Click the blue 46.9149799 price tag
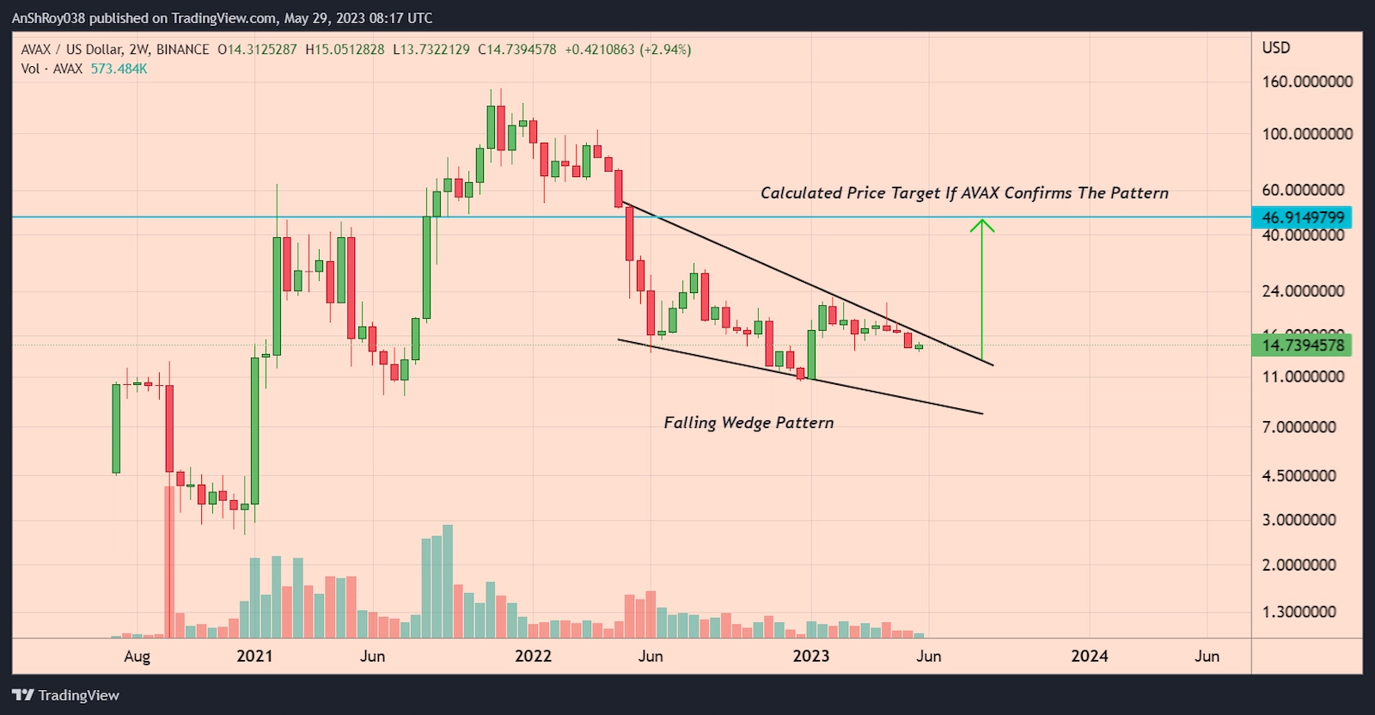click(1302, 217)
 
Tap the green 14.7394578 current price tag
click(1302, 345)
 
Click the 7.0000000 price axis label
click(1299, 427)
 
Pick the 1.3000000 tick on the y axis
click(1299, 612)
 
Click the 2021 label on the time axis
click(254, 656)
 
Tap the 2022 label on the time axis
click(533, 656)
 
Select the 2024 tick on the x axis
click(1089, 656)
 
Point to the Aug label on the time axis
click(137, 657)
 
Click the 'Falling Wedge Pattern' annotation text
click(749, 423)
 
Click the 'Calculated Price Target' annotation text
click(964, 193)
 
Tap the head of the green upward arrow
click(982, 225)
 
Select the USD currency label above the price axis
click(1275, 48)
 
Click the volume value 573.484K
click(119, 69)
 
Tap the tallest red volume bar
click(168, 562)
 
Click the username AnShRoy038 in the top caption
click(48, 18)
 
